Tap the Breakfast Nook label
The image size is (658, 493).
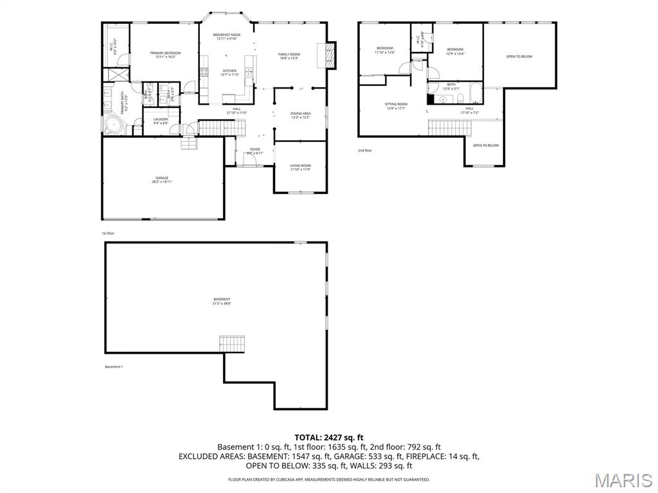click(227, 37)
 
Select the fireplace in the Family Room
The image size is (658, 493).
click(330, 55)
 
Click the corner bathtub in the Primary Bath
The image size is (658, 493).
click(113, 125)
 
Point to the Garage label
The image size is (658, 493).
click(162, 180)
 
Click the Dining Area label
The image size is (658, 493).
click(301, 116)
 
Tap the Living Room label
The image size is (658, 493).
click(300, 167)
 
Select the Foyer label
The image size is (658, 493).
click(256, 151)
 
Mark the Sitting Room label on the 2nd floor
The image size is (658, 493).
click(396, 106)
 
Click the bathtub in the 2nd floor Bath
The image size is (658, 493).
click(476, 94)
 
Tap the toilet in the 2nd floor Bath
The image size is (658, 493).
click(461, 98)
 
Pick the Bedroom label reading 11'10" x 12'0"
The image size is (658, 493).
click(384, 50)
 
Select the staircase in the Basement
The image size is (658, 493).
click(232, 343)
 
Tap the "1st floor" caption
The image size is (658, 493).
click(108, 234)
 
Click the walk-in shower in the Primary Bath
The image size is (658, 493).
click(116, 74)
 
